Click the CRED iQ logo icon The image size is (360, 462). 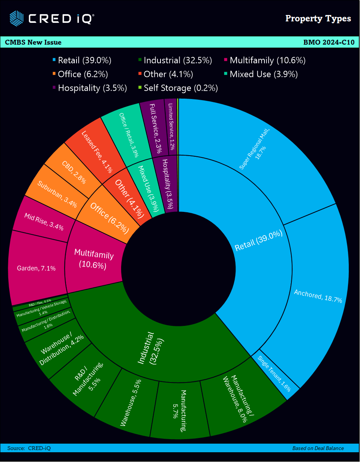16,18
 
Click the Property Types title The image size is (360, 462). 318,18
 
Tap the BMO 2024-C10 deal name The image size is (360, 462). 328,42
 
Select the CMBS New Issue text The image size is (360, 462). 33,42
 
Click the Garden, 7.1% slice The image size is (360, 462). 36,268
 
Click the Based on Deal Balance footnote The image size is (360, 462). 318,448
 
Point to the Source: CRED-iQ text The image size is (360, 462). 29,448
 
